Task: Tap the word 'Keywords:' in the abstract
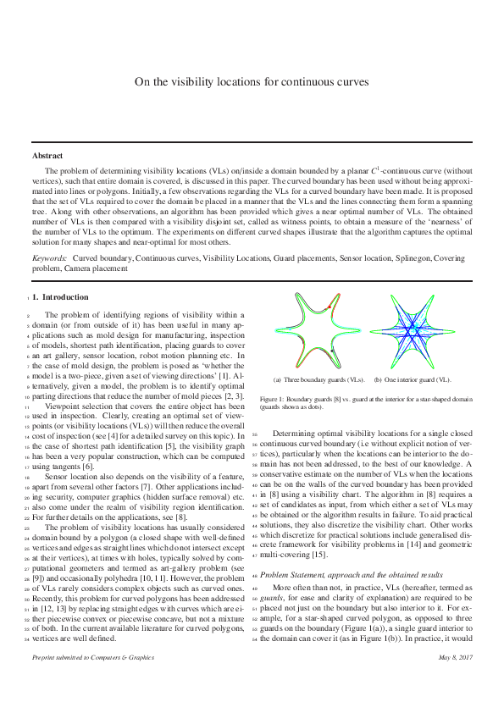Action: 50,255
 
